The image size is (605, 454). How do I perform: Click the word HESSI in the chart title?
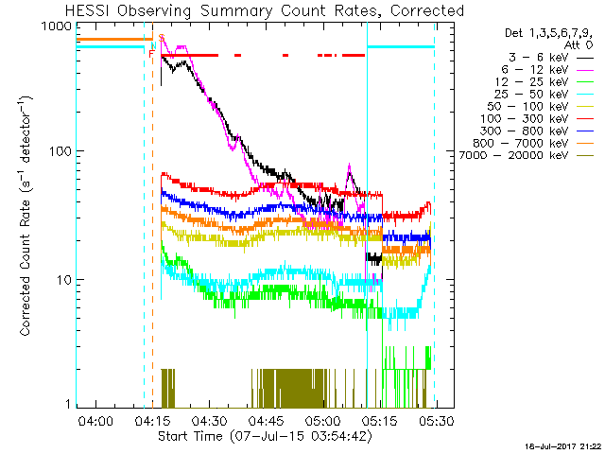coord(88,10)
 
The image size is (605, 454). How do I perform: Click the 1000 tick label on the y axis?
coord(57,26)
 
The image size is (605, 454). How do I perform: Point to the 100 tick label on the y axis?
coord(60,151)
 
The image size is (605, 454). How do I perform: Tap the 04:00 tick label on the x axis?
coord(96,421)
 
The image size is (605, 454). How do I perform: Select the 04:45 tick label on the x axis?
coord(267,421)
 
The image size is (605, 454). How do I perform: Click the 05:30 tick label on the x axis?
coord(437,421)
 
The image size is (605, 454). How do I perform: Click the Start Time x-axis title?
coord(266,436)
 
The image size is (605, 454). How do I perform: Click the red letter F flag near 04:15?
coord(152,54)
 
